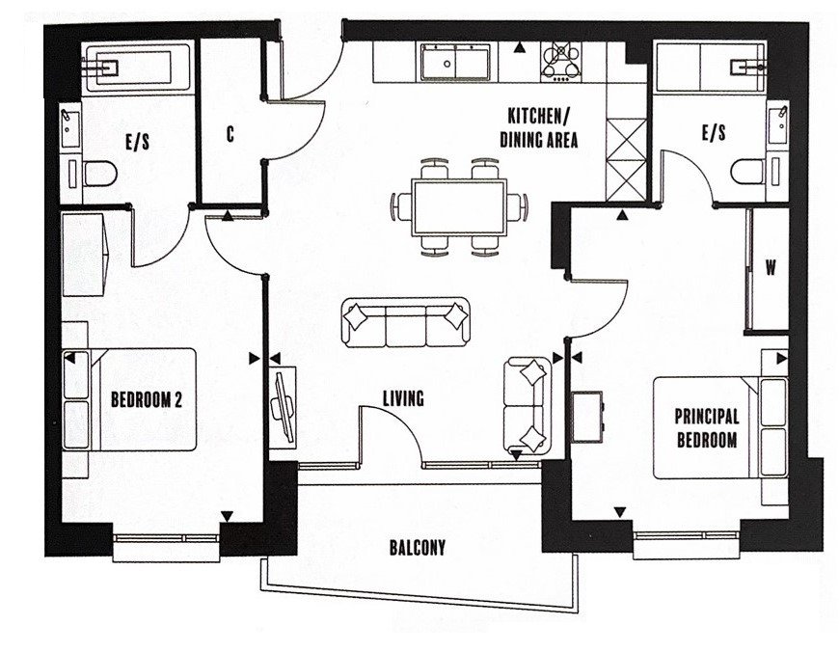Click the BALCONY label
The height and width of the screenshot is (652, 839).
[x=417, y=548]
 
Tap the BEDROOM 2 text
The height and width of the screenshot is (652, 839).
[x=146, y=398]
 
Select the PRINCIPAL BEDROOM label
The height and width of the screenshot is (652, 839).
[x=706, y=428]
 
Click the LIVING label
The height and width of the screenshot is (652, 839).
[x=403, y=396]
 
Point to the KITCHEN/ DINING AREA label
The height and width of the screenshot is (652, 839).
[x=538, y=128]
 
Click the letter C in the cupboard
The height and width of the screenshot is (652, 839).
[x=230, y=135]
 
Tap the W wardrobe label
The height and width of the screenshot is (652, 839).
[x=770, y=268]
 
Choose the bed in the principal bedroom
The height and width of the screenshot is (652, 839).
[x=720, y=428]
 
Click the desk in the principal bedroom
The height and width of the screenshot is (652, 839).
[x=587, y=414]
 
